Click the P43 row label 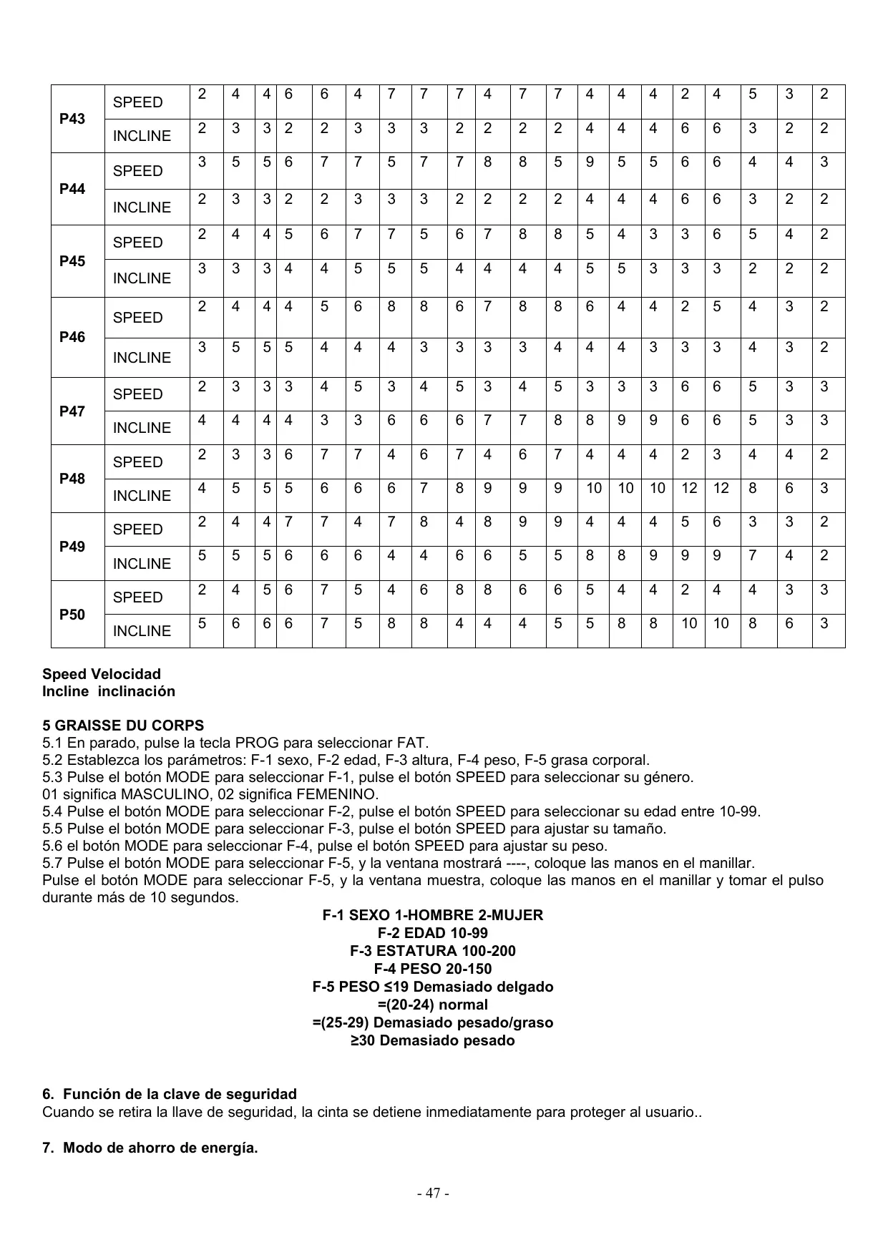(72, 119)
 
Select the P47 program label (72, 411)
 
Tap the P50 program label (72, 615)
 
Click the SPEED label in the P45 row (138, 243)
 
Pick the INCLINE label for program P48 (142, 496)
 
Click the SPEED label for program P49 (138, 529)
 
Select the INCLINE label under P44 (142, 207)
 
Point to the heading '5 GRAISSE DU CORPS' (123, 726)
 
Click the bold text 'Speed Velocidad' (102, 674)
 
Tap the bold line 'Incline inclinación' (109, 691)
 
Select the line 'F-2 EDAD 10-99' (433, 933)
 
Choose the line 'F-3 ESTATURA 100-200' (433, 951)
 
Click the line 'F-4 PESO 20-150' (433, 969)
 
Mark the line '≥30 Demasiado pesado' (433, 1040)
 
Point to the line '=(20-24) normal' (433, 1005)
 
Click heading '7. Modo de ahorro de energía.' (150, 1148)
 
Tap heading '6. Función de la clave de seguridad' (170, 1094)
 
